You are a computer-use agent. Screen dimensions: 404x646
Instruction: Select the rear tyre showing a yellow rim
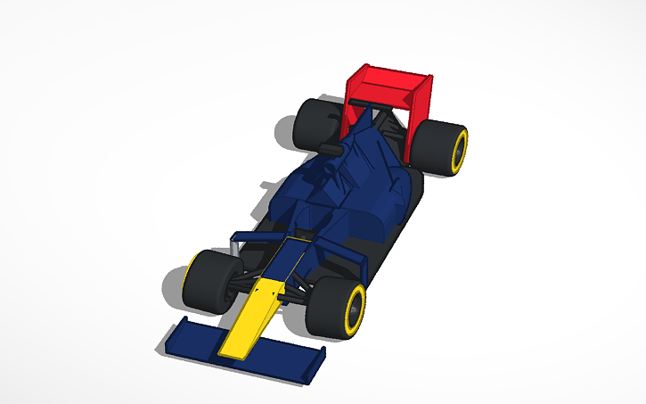441,147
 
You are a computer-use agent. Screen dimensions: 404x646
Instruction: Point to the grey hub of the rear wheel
459,152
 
